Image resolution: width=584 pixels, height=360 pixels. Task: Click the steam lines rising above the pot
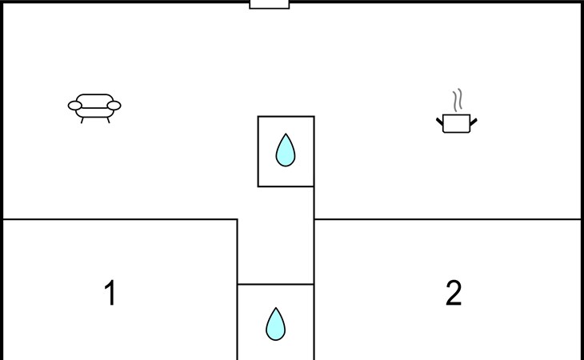coord(458,100)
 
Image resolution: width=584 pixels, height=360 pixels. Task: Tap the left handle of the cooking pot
coord(440,122)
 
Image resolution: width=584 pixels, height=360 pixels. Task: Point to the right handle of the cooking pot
coord(474,122)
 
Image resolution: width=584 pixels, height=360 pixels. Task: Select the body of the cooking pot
coord(457,123)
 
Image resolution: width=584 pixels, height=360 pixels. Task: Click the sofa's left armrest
coord(75,106)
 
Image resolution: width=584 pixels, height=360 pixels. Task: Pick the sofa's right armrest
coord(114,106)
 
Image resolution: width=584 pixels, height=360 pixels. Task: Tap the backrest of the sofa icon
coord(94,101)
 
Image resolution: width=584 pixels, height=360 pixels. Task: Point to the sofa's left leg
coord(82,120)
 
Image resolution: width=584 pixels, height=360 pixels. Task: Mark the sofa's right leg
coord(108,120)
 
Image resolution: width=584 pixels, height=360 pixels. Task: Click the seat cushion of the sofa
coord(94,113)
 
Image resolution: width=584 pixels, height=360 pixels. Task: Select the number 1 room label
coord(110,293)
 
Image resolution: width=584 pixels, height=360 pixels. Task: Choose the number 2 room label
coord(454,293)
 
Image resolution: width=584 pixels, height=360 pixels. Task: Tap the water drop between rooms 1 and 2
coord(276,324)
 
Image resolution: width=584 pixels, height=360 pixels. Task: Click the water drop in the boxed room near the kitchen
coord(286,150)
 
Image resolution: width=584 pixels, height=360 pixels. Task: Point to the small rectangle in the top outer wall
coord(270,5)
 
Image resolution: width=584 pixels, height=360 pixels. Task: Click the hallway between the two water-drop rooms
coord(276,235)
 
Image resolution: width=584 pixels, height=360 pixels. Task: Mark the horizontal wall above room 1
coord(120,219)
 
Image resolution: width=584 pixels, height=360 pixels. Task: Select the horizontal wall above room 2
coord(447,219)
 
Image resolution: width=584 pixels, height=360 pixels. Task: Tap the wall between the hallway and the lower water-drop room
coord(276,285)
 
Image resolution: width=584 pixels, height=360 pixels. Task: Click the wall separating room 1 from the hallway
coord(238,290)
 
